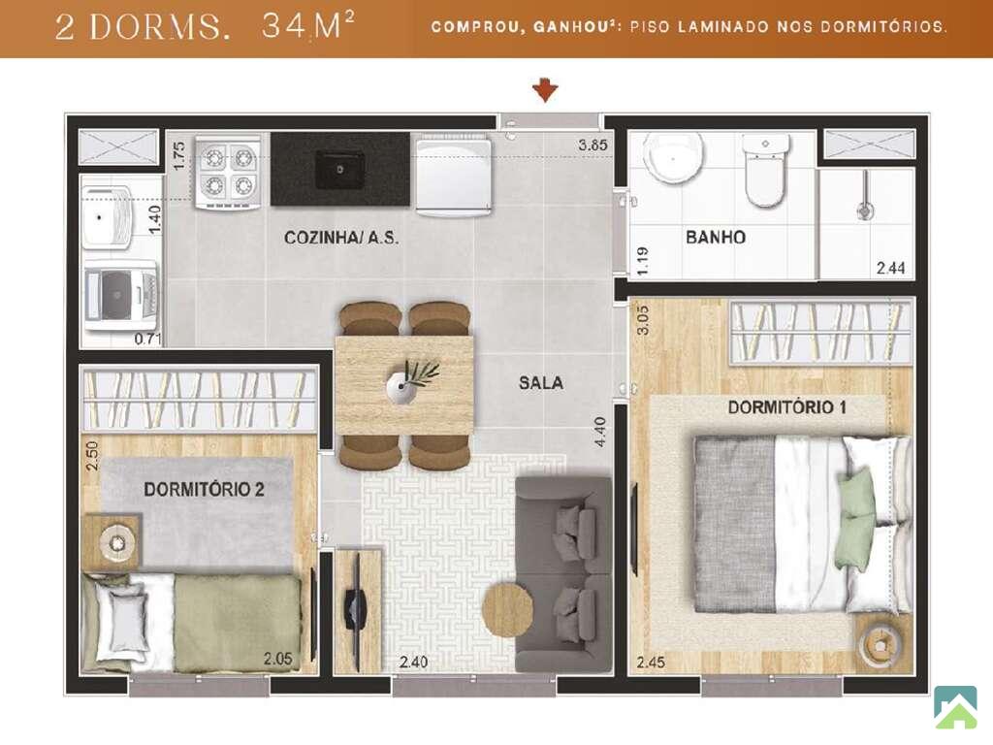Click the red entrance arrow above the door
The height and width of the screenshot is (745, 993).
545,90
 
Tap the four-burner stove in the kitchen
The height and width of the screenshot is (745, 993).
227,172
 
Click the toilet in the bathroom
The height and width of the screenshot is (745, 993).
765,169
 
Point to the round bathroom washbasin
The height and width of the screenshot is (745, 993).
673,158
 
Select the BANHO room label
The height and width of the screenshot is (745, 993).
716,238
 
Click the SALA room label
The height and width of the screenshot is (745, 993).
541,382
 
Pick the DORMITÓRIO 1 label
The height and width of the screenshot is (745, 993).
787,406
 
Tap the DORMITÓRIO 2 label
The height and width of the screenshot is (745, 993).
204,489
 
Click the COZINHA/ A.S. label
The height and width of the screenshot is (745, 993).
341,239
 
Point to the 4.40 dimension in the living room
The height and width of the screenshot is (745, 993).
600,432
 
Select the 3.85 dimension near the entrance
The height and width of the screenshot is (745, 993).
593,146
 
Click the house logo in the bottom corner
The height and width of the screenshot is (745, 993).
955,707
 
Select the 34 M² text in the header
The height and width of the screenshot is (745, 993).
307,26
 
